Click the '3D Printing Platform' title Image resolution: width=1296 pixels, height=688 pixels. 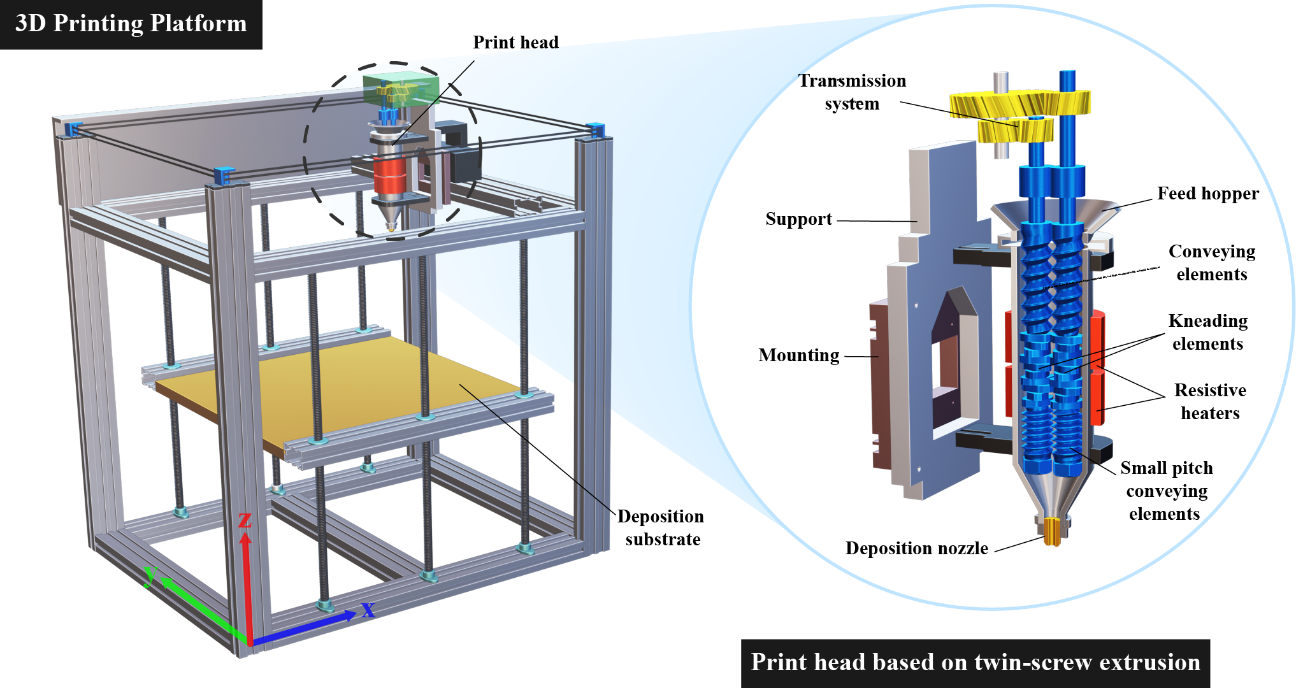point(131,24)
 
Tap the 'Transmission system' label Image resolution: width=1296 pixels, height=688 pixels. point(852,92)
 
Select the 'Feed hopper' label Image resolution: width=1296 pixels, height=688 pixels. point(1207,194)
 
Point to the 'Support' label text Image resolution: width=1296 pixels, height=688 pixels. point(798,219)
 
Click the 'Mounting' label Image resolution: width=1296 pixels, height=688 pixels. point(798,355)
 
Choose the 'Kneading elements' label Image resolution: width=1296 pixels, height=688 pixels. point(1207,333)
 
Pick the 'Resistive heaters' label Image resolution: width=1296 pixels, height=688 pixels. point(1210,402)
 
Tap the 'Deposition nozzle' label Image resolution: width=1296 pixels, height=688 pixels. point(916,548)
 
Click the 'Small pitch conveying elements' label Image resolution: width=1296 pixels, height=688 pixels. point(1166,491)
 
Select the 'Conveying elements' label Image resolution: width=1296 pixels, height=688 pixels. point(1211,263)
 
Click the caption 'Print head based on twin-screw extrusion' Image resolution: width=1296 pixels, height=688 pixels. point(975,663)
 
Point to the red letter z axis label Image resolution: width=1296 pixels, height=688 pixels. point(245,520)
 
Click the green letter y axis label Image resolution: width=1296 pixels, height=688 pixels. point(150,574)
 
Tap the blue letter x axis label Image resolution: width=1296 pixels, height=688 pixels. point(368,610)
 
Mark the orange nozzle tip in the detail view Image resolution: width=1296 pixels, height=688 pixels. point(1052,531)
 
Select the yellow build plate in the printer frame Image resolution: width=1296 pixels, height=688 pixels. point(344,389)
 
